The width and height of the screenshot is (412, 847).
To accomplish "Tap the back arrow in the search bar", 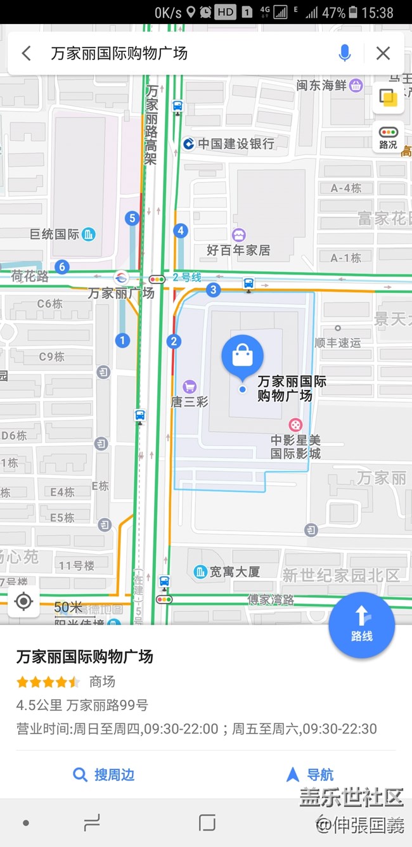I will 26,53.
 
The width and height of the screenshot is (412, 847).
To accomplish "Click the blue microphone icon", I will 345,53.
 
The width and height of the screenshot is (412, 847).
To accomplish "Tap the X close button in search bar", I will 383,53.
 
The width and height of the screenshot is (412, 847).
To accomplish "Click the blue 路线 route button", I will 361,624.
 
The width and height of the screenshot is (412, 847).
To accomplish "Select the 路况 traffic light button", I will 388,137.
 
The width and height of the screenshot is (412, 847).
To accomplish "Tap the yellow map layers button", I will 388,98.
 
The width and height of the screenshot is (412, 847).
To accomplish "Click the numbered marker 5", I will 132,219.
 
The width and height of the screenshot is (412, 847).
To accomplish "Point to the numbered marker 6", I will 61,267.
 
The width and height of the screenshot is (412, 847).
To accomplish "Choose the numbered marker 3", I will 214,290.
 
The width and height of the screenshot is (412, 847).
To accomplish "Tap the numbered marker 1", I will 122,340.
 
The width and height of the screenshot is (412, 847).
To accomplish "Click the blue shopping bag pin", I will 242,357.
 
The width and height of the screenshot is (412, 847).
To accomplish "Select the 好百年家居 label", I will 238,250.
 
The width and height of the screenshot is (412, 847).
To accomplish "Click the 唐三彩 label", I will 189,401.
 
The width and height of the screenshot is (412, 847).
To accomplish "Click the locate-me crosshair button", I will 24,601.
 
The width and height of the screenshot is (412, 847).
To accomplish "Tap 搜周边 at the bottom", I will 104,774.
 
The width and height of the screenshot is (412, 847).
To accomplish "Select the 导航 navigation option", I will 310,774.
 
